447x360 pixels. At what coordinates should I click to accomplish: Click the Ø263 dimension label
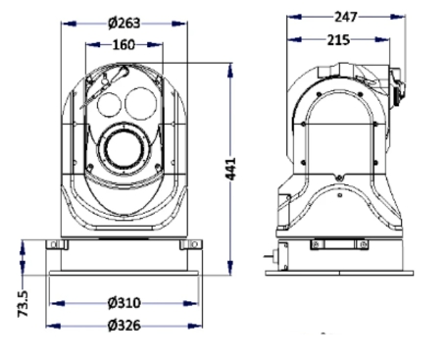pos(124,24)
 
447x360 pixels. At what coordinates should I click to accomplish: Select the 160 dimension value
pos(124,44)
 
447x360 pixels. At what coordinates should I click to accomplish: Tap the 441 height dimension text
pos(230,169)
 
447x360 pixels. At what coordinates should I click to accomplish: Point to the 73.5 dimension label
pos(23,304)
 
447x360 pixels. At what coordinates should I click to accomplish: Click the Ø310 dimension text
pos(124,303)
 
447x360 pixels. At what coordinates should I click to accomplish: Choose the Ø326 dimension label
pos(124,326)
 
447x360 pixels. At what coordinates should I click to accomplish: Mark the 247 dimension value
pos(346,17)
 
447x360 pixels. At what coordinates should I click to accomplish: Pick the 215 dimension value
pos(338,40)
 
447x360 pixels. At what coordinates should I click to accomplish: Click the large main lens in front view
pos(124,151)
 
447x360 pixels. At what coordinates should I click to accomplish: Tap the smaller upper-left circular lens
pos(109,104)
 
